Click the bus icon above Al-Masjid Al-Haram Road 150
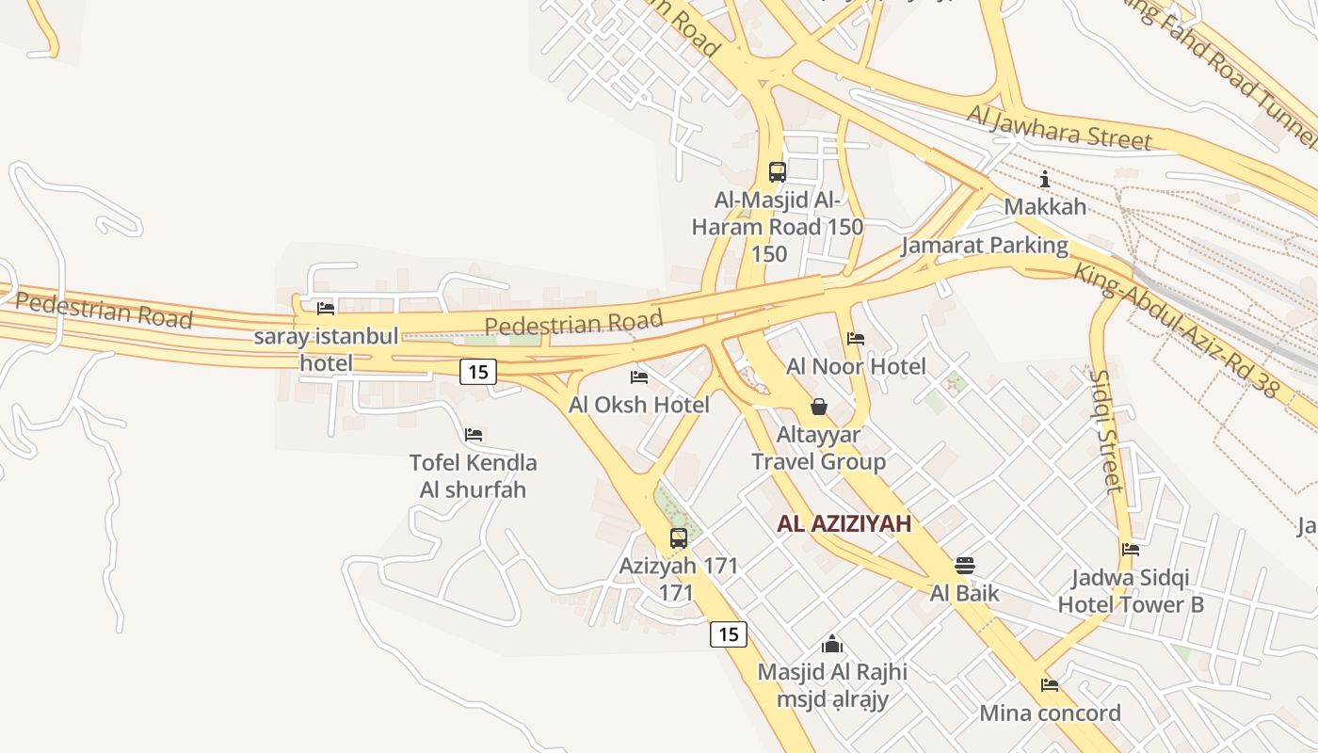(777, 172)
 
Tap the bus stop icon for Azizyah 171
(678, 538)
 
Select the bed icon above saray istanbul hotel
(326, 308)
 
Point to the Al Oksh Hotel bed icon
(639, 377)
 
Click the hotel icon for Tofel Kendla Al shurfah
(474, 434)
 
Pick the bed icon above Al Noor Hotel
(856, 338)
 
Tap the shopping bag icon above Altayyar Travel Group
(819, 407)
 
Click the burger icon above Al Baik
(964, 565)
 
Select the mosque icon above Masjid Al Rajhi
(832, 645)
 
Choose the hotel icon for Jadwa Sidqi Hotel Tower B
(1131, 550)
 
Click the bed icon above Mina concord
(1050, 685)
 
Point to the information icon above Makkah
(1044, 179)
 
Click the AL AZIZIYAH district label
(844, 524)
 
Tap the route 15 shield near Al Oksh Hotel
(478, 372)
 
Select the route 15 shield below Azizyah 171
(728, 634)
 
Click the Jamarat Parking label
(985, 247)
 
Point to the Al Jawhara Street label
(1059, 127)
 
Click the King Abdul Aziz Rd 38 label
(1178, 330)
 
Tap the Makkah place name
(1045, 206)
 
